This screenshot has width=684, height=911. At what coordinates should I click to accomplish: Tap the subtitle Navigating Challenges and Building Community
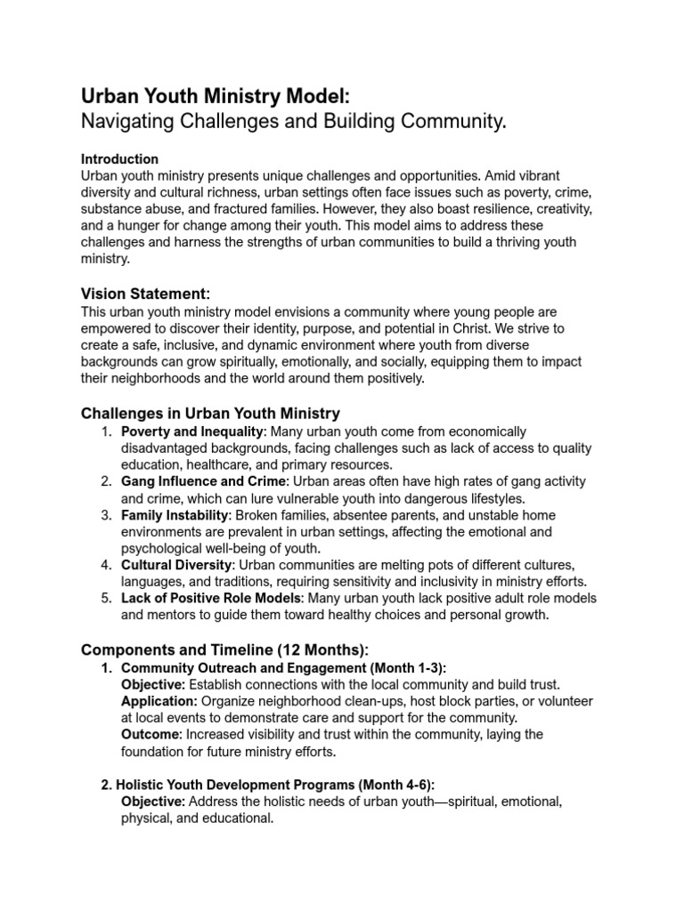[x=293, y=123]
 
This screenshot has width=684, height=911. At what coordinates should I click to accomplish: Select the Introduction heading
[x=119, y=159]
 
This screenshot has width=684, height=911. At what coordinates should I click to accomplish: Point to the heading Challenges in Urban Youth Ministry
[x=210, y=413]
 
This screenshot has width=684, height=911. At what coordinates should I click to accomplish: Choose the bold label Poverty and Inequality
[x=192, y=431]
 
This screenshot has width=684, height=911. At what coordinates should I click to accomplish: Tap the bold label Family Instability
[x=175, y=515]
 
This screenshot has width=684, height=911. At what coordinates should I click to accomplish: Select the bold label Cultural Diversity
[x=176, y=566]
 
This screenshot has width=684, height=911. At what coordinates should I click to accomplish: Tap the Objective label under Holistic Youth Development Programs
[x=152, y=802]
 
